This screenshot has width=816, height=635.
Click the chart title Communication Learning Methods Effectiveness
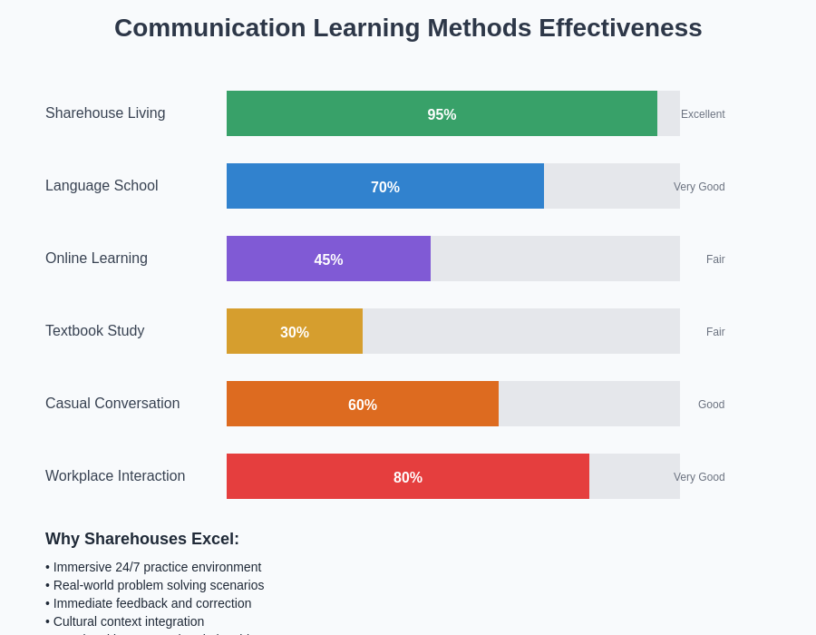tap(408, 28)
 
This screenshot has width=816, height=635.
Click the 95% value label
tap(442, 115)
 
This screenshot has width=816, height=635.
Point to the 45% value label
tap(328, 260)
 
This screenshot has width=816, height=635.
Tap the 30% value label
tap(295, 333)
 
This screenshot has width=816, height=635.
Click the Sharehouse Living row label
tap(105, 113)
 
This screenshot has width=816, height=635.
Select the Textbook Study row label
tap(95, 331)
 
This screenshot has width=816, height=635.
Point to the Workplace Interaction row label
tap(115, 476)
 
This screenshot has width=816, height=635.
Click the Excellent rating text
tap(703, 114)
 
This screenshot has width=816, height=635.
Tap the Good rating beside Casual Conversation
tap(711, 405)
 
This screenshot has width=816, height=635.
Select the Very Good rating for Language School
tap(699, 187)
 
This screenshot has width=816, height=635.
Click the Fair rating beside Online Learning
tap(715, 259)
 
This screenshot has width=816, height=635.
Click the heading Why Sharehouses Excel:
tap(142, 539)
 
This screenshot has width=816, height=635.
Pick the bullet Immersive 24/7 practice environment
tap(153, 567)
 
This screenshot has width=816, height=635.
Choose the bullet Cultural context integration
tap(125, 621)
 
